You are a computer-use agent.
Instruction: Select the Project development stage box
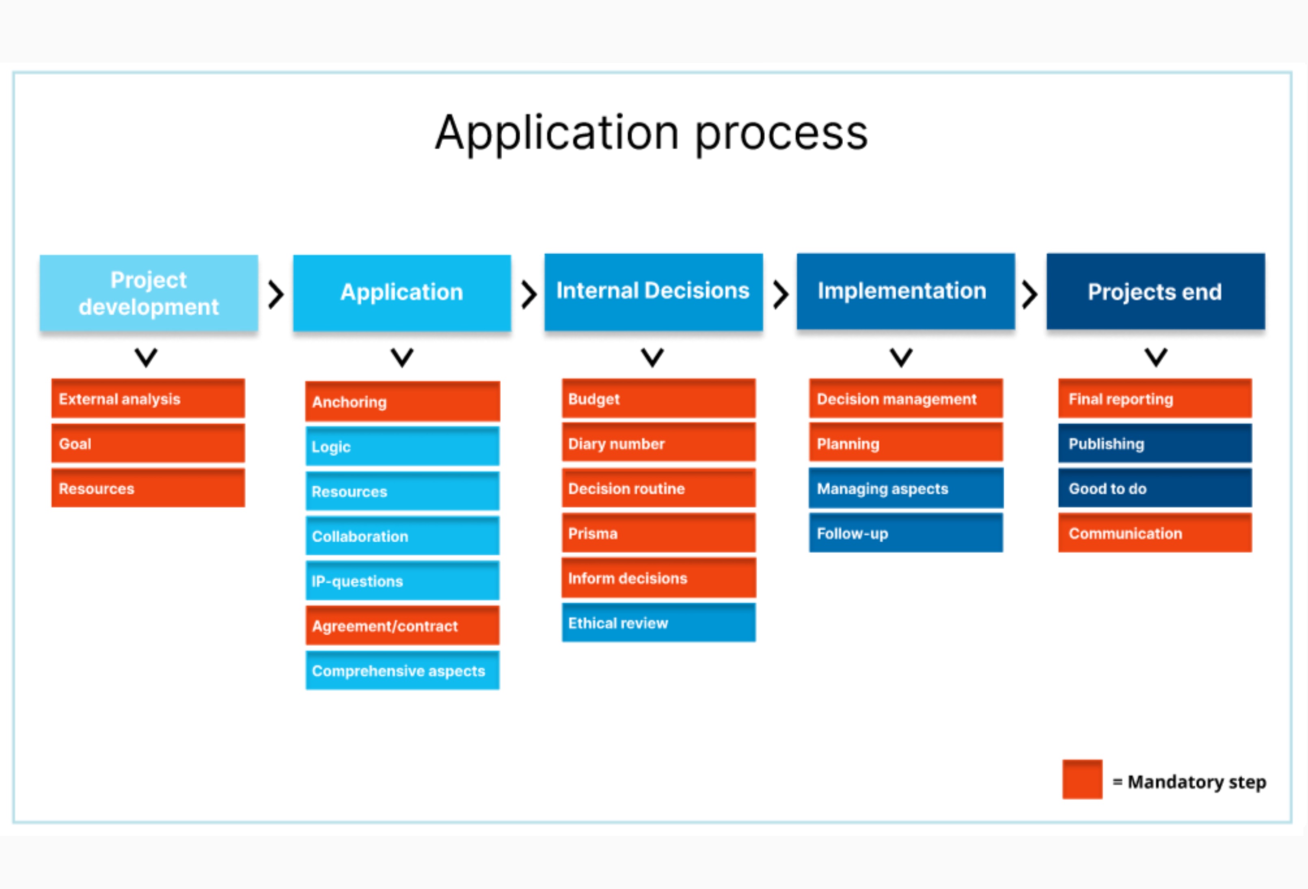point(149,293)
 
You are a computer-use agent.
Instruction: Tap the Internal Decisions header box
point(654,291)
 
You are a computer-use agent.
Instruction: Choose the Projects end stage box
point(1155,291)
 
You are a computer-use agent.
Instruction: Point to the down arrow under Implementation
point(901,357)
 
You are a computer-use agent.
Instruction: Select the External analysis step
point(148,398)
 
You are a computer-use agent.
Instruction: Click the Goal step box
point(148,443)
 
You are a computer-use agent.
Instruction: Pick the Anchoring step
point(402,401)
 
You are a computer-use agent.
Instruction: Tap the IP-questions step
point(402,580)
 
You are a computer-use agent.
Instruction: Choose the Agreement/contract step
point(402,626)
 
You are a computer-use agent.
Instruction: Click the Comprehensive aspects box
point(402,670)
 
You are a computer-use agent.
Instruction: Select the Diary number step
point(658,443)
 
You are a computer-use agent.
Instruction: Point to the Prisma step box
point(658,533)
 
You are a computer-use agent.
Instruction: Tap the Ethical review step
point(658,622)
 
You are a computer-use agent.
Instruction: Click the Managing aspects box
point(906,488)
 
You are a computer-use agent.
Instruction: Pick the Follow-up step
point(906,533)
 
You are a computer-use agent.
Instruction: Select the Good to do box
point(1155,488)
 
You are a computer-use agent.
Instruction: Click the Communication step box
point(1155,533)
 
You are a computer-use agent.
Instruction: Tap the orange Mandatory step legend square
point(1082,779)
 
